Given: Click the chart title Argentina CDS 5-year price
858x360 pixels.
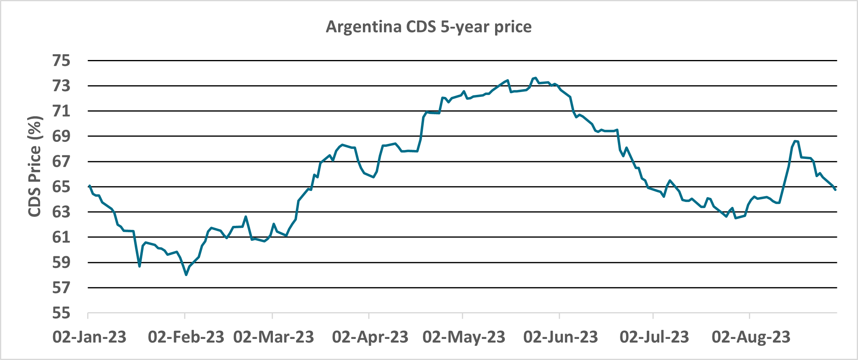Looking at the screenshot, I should click(x=429, y=27).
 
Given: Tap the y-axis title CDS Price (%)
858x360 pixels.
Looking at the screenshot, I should click(x=35, y=166).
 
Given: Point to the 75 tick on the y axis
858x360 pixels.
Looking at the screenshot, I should click(x=61, y=61).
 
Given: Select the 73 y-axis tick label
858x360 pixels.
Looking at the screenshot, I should click(x=61, y=86).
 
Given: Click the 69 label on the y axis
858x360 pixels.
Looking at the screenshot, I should click(x=61, y=136).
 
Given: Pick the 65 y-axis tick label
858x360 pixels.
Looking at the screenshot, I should click(x=61, y=187).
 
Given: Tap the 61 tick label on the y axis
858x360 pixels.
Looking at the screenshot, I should click(x=61, y=237).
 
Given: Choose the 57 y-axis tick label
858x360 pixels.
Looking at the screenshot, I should click(x=61, y=288).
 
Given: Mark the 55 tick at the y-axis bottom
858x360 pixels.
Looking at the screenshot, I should click(x=61, y=313).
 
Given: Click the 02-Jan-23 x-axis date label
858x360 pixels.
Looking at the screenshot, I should click(x=90, y=337).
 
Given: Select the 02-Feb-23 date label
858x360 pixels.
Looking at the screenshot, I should click(x=186, y=337).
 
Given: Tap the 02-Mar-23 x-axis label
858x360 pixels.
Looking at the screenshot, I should click(x=274, y=337).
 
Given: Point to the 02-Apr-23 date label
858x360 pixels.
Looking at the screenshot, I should click(x=370, y=337).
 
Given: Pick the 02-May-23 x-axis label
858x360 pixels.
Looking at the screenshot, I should click(x=464, y=337).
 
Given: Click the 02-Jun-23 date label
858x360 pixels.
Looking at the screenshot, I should click(x=561, y=337).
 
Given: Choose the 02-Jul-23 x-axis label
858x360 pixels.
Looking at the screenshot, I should click(x=654, y=337).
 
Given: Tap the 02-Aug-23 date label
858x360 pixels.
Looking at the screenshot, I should click(x=751, y=337).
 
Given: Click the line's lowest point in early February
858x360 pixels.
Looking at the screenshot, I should click(x=186, y=275).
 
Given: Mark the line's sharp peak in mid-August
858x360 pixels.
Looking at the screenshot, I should click(x=796, y=141).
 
